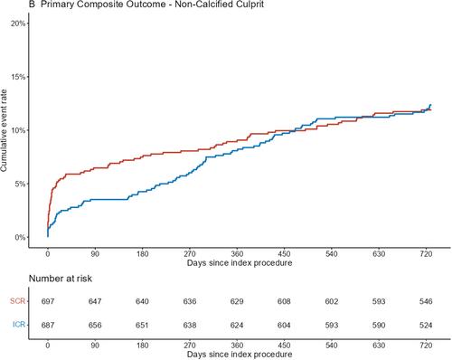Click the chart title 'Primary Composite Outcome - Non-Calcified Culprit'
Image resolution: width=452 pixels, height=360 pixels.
point(152,5)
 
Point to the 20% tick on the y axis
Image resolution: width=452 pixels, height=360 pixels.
point(18,24)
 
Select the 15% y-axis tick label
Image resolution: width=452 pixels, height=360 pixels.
point(18,77)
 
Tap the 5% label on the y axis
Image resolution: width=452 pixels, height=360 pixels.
point(20,184)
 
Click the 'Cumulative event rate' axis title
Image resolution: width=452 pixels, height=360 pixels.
point(4,130)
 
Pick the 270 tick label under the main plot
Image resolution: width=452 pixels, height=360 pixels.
point(190,254)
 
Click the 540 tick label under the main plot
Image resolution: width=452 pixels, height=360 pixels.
point(332,254)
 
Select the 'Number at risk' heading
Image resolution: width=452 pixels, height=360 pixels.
point(61,279)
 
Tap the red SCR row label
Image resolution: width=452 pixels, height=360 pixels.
point(18,301)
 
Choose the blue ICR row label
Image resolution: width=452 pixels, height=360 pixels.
point(19,325)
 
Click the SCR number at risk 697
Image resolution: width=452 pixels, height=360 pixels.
point(48,301)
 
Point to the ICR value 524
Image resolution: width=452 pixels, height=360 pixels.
point(426,326)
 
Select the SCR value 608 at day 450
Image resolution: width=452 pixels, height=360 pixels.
point(284,301)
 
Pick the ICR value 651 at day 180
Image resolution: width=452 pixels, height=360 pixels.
point(142,326)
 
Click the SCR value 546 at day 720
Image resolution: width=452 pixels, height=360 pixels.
point(426,301)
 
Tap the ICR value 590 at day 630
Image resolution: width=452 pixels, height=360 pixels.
point(379,326)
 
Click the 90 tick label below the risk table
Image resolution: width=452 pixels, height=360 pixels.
point(95,346)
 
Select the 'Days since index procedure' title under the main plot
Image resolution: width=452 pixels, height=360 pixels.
point(240,263)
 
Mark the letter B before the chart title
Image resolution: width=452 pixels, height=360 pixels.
point(32,5)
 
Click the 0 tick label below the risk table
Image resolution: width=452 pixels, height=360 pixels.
point(48,346)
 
